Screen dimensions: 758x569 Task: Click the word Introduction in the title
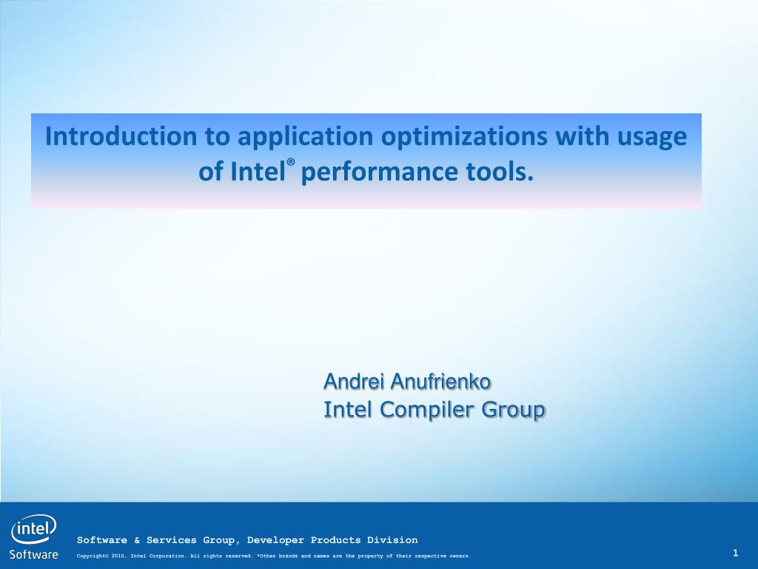pos(121,136)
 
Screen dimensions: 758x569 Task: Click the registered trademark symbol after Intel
pos(290,162)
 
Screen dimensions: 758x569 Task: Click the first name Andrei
pos(355,382)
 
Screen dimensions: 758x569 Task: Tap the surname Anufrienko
pos(441,382)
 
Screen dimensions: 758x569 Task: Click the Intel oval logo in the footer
pos(33,530)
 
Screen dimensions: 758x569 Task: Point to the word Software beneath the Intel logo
pos(34,554)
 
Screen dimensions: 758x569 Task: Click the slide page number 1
pos(735,553)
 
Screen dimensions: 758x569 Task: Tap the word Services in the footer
pos(172,540)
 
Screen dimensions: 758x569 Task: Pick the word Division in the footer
pos(392,540)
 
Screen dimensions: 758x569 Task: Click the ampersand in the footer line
pos(137,540)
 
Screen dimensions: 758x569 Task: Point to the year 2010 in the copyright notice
pos(118,556)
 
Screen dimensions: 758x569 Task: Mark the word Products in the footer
pos(335,540)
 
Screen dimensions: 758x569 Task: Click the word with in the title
pos(582,136)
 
